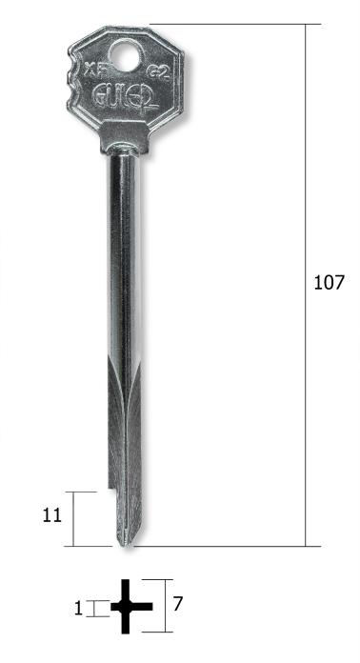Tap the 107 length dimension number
[x=329, y=283]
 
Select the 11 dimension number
[x=52, y=515]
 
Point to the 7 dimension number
[x=177, y=603]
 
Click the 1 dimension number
[x=78, y=607]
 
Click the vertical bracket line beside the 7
[x=168, y=606]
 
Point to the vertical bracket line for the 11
[x=74, y=519]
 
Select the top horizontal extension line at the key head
[x=229, y=25]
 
